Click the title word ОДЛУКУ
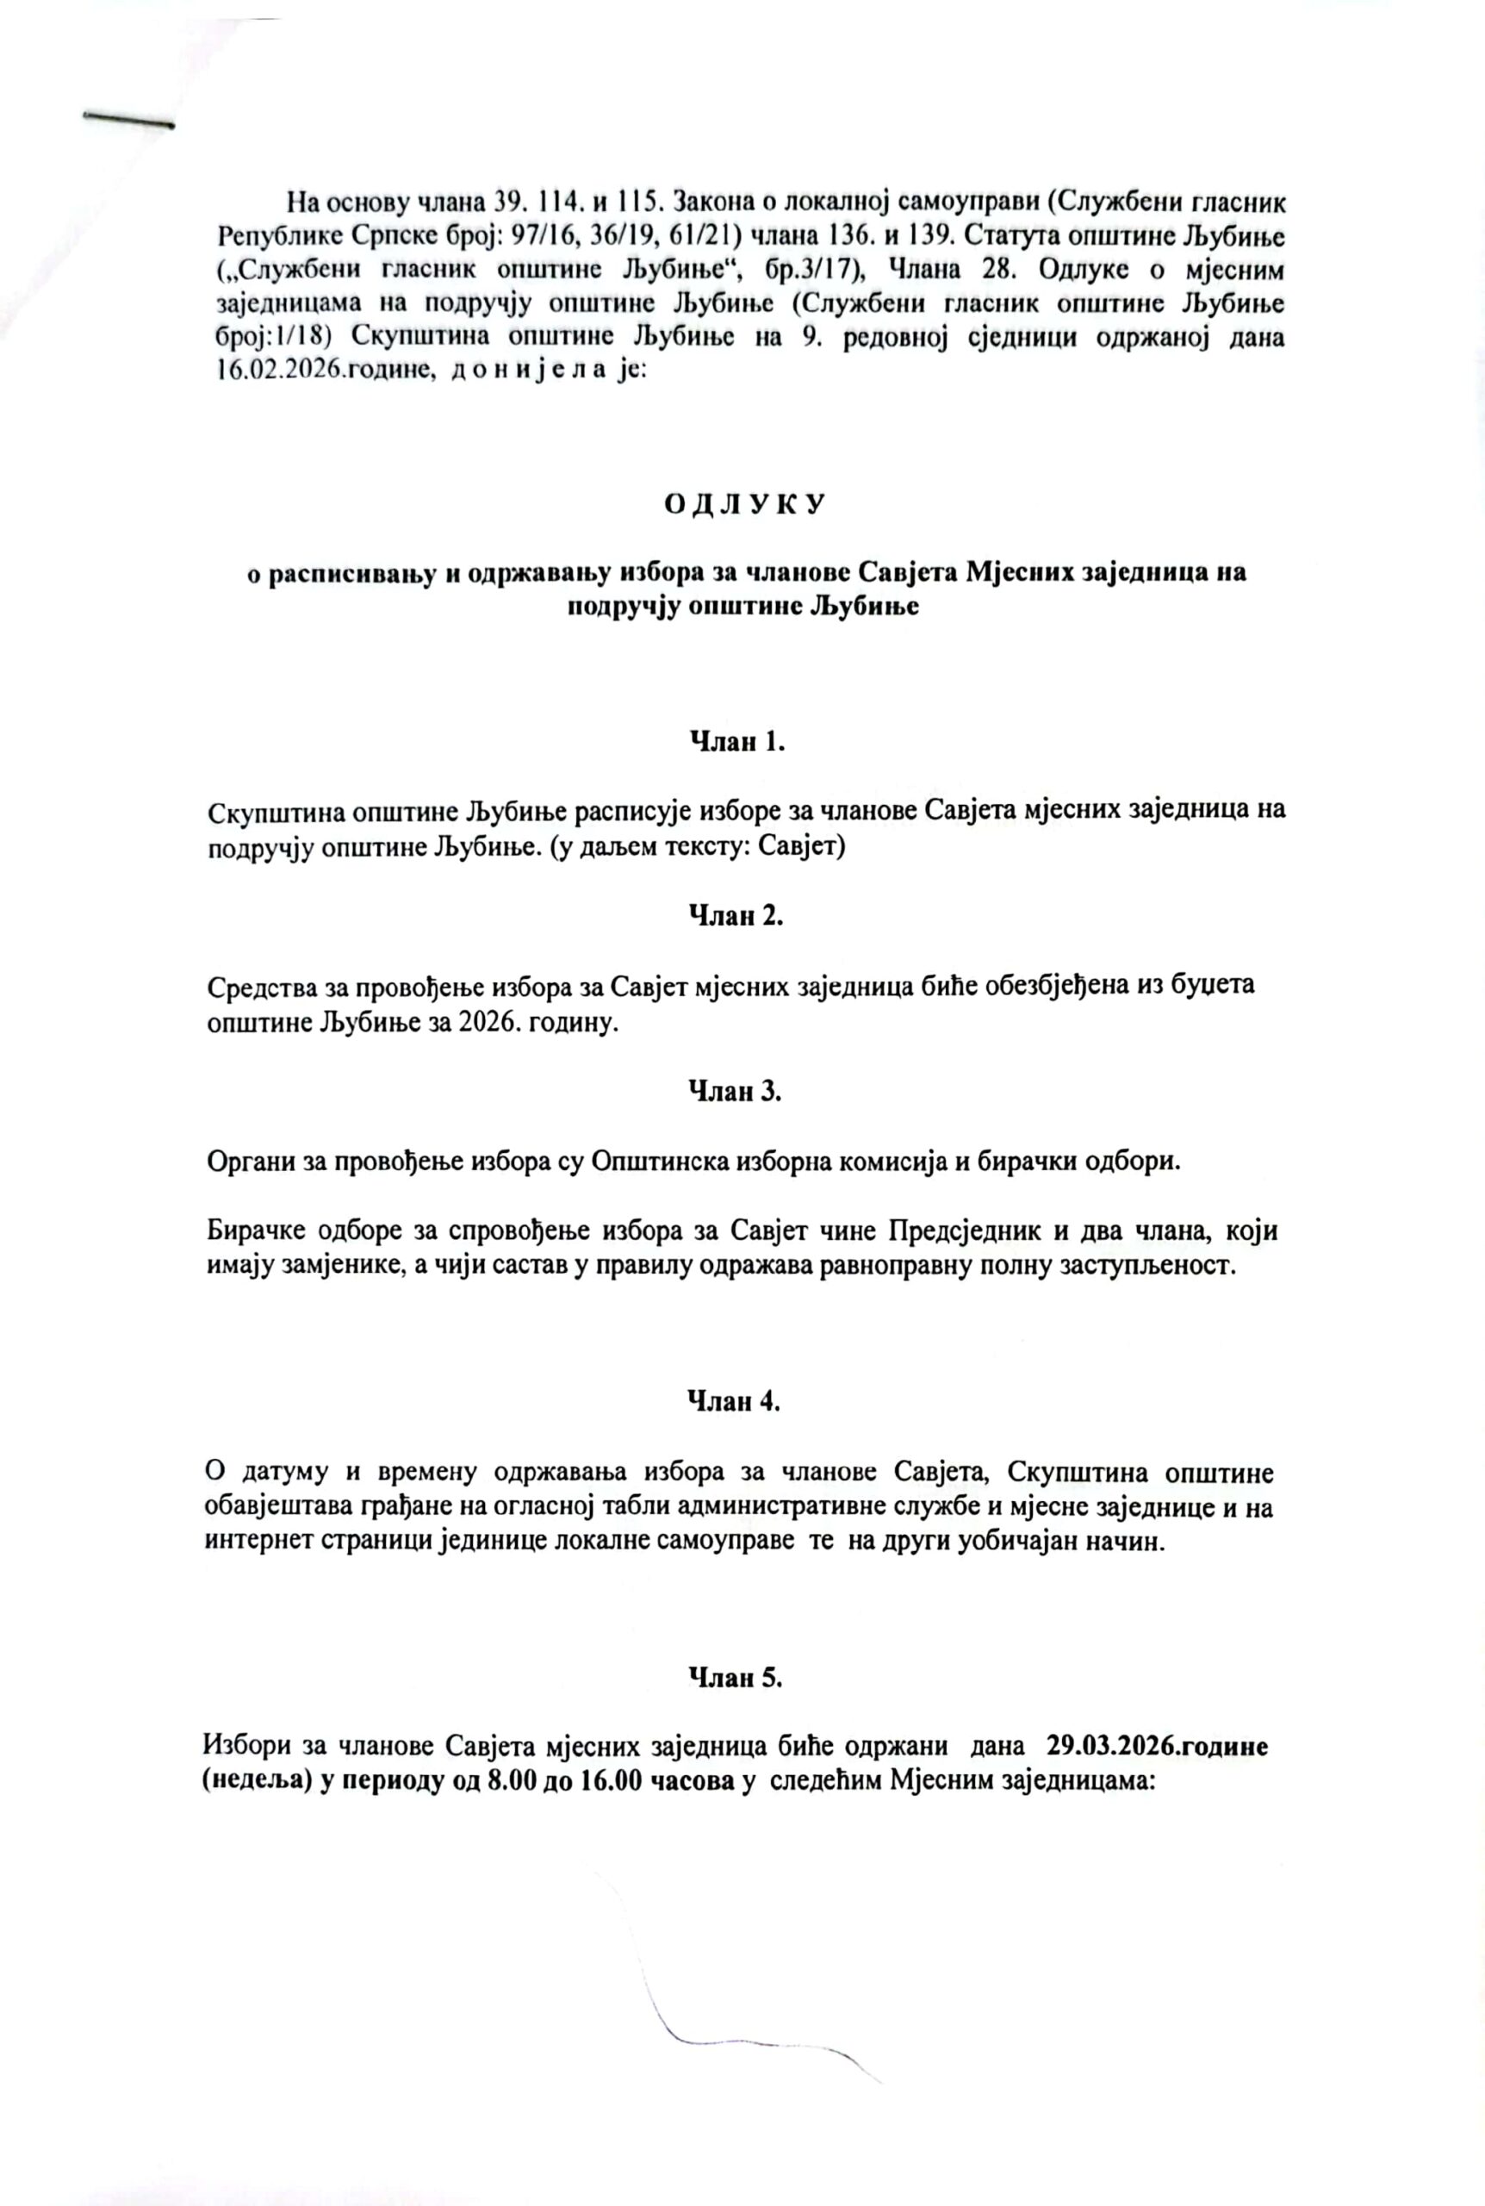pos(742,504)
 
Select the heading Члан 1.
pos(736,742)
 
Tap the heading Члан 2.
pos(736,916)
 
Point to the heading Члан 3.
pos(735,1091)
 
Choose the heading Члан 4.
pos(734,1402)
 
